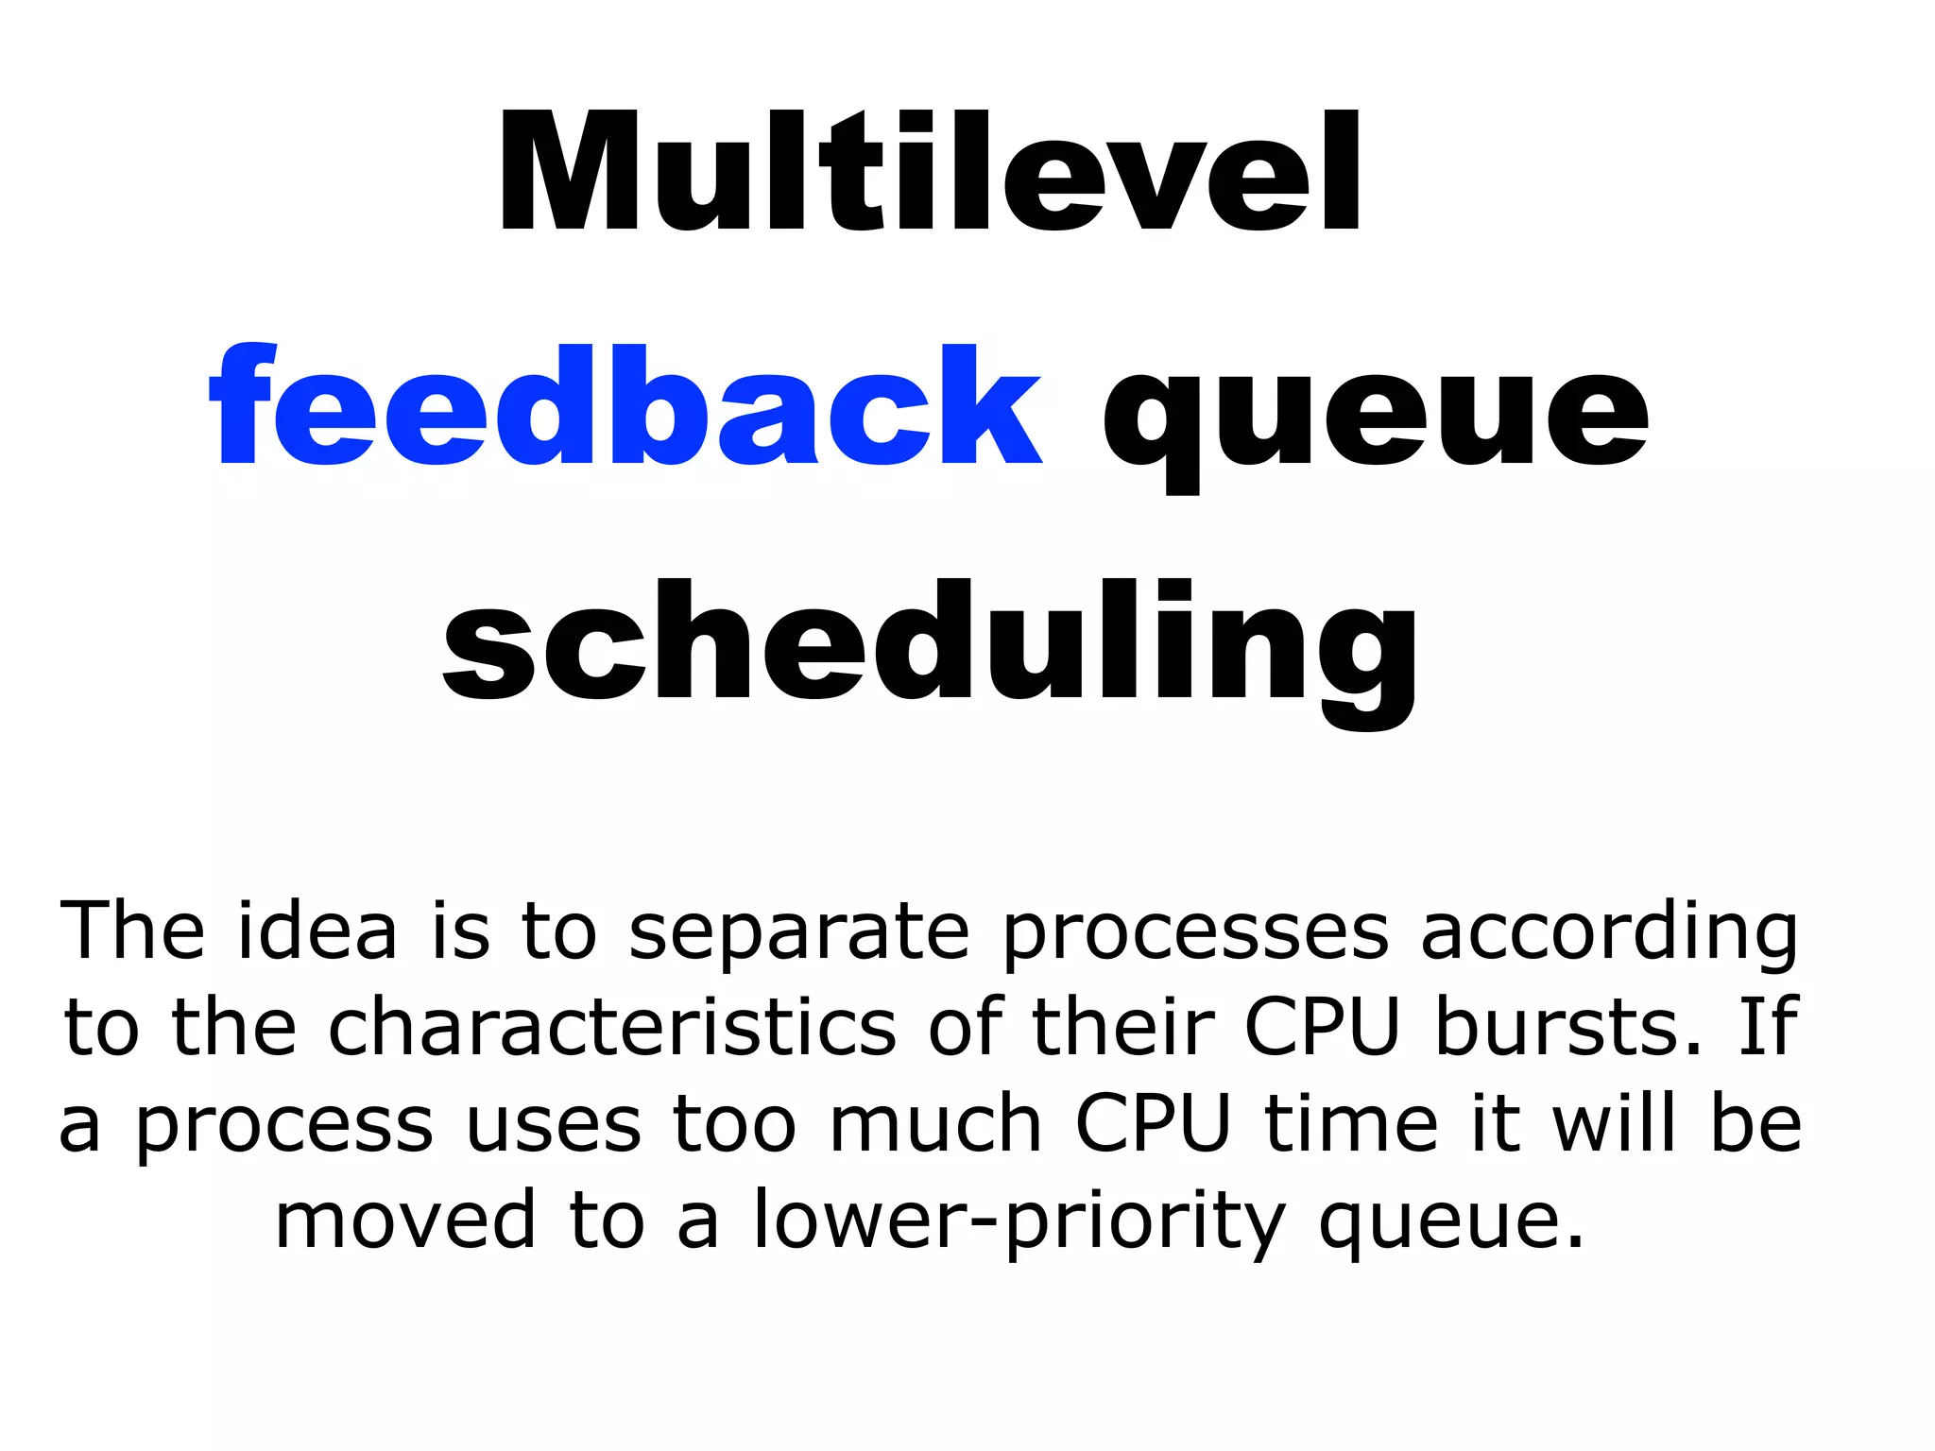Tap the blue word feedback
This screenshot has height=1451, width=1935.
[625, 406]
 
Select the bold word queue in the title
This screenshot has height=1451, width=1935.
[1375, 416]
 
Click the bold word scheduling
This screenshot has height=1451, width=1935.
[930, 647]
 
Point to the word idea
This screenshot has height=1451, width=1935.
[317, 931]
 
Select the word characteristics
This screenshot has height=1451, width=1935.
[611, 1027]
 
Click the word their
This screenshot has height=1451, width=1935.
[1122, 1027]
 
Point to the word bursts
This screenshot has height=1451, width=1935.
[1568, 1027]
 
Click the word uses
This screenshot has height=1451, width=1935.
[554, 1124]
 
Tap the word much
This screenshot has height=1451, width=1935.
[935, 1124]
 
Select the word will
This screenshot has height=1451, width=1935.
[1615, 1124]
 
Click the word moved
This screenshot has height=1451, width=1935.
[405, 1221]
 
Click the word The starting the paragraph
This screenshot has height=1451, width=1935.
[132, 931]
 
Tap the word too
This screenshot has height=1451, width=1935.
[734, 1124]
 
